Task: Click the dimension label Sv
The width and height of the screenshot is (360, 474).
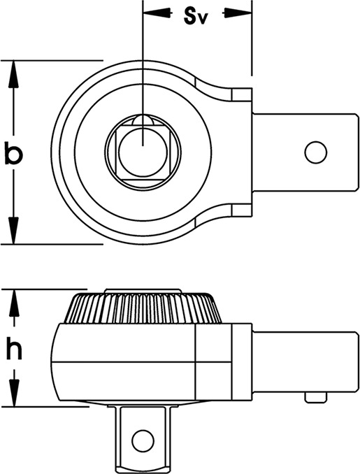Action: (x=196, y=17)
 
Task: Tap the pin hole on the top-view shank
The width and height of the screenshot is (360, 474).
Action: (x=316, y=152)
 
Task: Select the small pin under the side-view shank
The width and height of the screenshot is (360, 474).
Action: (x=316, y=397)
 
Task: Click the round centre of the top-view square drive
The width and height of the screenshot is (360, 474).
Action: (x=143, y=152)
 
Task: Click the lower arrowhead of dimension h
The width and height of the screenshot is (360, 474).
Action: (x=14, y=393)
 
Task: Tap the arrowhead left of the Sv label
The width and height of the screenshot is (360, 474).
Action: (x=157, y=13)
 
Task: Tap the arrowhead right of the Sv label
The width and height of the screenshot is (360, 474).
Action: (x=238, y=13)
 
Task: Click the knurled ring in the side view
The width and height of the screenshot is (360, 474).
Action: (x=143, y=308)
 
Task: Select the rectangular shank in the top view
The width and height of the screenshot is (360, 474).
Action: (x=305, y=152)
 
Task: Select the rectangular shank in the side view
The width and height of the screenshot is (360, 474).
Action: (x=305, y=362)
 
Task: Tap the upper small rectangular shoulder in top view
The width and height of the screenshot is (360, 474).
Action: (x=242, y=94)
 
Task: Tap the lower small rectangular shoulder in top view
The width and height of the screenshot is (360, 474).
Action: (x=242, y=210)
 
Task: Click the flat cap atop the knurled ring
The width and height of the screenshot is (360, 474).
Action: (x=143, y=291)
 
